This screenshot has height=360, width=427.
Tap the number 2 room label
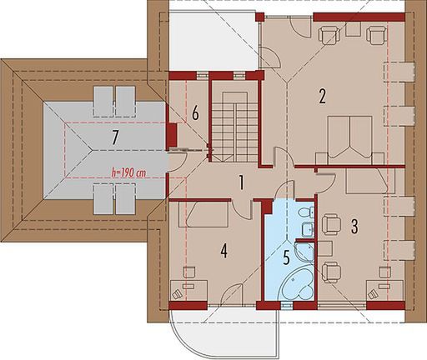[321, 96]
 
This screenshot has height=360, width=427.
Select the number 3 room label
[355, 225]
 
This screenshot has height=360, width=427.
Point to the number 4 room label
[224, 248]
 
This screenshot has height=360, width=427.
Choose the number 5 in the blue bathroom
[286, 257]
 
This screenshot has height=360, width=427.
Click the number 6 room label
[193, 113]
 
